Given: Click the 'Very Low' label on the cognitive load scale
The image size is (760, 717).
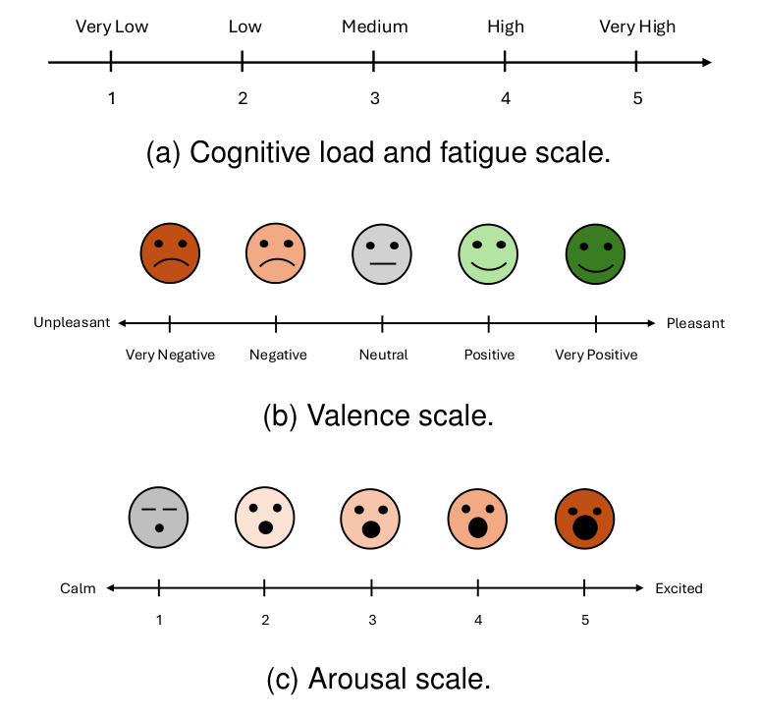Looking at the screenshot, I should [112, 27].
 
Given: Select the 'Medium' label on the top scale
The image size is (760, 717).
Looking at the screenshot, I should [373, 27].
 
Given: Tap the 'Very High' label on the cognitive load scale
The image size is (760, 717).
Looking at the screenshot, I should [637, 27].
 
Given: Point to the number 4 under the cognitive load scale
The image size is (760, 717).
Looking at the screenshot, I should [505, 98].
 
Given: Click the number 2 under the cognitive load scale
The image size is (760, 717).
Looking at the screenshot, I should [243, 98].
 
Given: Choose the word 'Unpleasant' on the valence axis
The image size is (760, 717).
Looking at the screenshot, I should [72, 323].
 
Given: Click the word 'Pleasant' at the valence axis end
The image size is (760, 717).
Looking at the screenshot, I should [695, 323].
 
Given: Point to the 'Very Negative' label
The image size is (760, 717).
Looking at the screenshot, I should [170, 355].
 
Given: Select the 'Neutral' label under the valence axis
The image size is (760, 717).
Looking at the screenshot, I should [383, 355].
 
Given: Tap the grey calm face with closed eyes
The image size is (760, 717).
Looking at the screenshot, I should [158, 517].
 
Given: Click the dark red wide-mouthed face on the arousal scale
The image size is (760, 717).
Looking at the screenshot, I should [584, 517].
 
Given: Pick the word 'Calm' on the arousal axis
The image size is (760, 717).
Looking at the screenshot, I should [78, 588].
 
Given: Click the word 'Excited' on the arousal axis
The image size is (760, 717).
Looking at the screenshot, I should [679, 588].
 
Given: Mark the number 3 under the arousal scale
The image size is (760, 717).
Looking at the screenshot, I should [371, 621].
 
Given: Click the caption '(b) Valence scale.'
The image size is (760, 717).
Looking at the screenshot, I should [378, 415].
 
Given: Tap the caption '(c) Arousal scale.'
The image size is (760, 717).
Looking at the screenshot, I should [378, 679].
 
